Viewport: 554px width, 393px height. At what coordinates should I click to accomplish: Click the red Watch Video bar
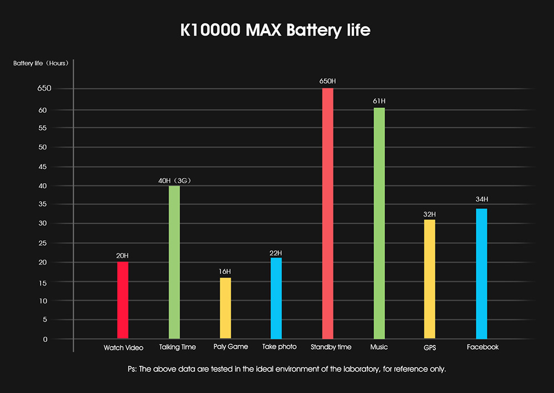coord(122,300)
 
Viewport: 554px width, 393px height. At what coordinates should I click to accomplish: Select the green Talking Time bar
coord(174,262)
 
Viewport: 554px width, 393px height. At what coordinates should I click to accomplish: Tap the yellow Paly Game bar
coord(225,308)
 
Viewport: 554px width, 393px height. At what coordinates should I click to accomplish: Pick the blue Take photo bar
coord(276,298)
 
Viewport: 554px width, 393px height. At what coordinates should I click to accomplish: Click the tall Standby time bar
coord(327,213)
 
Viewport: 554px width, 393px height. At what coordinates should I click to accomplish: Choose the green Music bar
coord(379,223)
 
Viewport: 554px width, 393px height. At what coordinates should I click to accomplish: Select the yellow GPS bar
coord(430,279)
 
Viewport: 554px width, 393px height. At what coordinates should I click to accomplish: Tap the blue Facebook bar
coord(481,273)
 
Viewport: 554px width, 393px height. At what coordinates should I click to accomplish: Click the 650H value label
coord(327,81)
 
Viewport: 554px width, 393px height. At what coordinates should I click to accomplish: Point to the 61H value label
coord(379,101)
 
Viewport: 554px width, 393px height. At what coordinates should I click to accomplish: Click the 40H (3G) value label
coord(175,180)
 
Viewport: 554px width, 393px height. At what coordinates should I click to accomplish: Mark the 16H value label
coord(225,271)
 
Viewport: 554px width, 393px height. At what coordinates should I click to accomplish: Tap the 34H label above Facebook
coord(481,199)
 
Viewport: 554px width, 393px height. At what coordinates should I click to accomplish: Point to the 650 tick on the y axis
coord(45,89)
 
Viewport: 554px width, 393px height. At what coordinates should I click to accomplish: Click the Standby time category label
coord(331,347)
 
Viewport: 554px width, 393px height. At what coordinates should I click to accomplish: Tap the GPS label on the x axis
coord(430,347)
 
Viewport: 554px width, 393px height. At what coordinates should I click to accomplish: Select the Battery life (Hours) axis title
coord(42,63)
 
